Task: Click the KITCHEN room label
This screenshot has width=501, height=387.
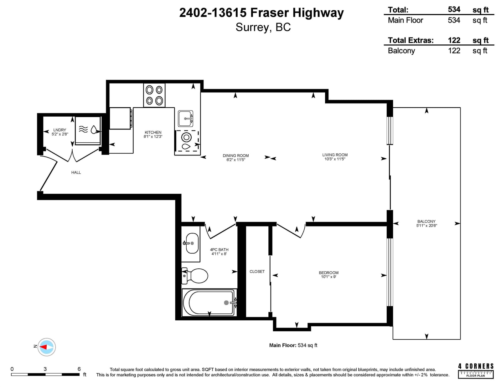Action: [x=153, y=132]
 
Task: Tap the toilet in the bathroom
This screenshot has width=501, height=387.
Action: [x=194, y=276]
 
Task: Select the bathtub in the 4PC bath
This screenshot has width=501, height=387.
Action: [x=209, y=303]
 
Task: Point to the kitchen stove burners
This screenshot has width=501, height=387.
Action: [x=154, y=95]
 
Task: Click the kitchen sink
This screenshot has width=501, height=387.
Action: [x=185, y=118]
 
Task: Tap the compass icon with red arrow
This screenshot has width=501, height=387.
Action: [x=46, y=347]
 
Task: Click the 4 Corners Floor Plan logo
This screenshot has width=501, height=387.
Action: [x=476, y=371]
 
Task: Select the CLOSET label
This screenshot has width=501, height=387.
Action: [x=257, y=272]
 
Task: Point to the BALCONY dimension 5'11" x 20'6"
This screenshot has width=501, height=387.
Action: [x=426, y=226]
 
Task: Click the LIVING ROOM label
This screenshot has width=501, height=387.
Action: [x=335, y=155]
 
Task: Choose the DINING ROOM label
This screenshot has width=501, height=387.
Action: [x=236, y=156]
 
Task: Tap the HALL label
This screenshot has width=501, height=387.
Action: [x=76, y=172]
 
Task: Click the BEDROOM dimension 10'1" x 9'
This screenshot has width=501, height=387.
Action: [x=328, y=277]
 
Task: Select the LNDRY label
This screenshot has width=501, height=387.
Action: [x=59, y=130]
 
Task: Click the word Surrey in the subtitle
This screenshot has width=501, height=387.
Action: [x=252, y=28]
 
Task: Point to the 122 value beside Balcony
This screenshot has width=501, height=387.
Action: [x=454, y=51]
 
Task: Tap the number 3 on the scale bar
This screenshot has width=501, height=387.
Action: [x=45, y=369]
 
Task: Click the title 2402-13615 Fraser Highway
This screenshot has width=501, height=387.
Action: [x=261, y=13]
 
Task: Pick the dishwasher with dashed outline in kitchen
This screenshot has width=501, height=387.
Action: [x=187, y=141]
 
